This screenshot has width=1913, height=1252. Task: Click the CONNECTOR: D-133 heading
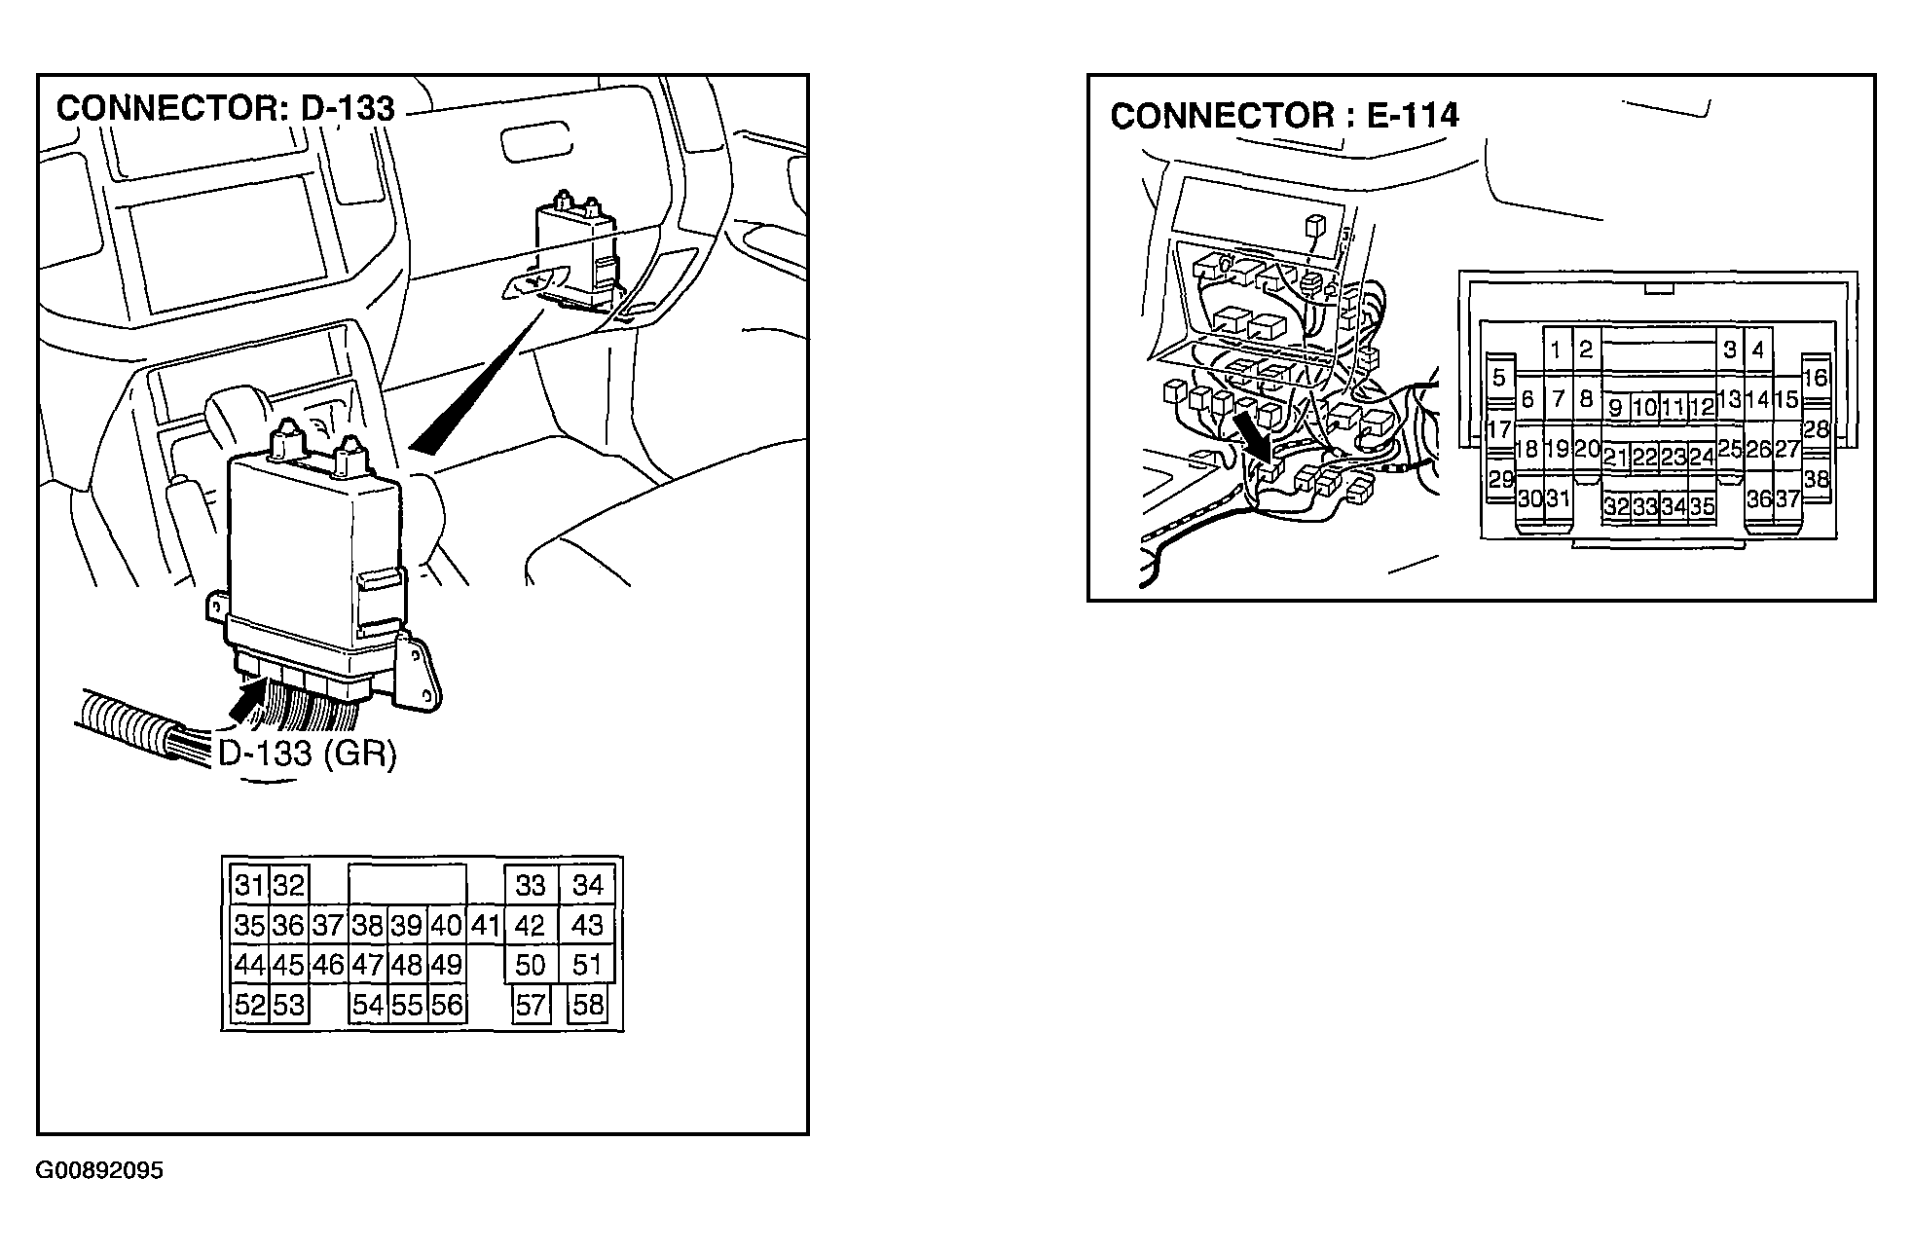point(225,108)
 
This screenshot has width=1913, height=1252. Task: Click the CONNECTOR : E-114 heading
point(1284,116)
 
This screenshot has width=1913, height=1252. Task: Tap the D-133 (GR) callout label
point(307,754)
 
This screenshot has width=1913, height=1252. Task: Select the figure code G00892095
point(99,1170)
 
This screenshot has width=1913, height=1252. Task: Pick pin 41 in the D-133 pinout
point(485,925)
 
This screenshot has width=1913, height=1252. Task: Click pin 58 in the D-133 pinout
point(588,1005)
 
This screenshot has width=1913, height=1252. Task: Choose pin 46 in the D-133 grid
point(328,965)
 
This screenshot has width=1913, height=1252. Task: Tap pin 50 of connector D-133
point(531,965)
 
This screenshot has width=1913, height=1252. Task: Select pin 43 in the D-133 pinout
point(587,925)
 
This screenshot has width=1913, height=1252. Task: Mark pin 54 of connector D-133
point(368,1005)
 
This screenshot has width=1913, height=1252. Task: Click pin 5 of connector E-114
point(1499,378)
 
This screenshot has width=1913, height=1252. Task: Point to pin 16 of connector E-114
point(1816,378)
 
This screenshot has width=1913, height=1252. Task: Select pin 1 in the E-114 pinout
point(1557,350)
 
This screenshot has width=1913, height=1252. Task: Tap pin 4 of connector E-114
point(1758,350)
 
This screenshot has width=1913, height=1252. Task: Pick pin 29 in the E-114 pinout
point(1501,480)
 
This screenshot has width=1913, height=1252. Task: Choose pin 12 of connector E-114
point(1702,407)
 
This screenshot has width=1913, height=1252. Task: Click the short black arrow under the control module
point(248,700)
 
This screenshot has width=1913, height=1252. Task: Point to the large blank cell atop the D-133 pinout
point(407,884)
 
